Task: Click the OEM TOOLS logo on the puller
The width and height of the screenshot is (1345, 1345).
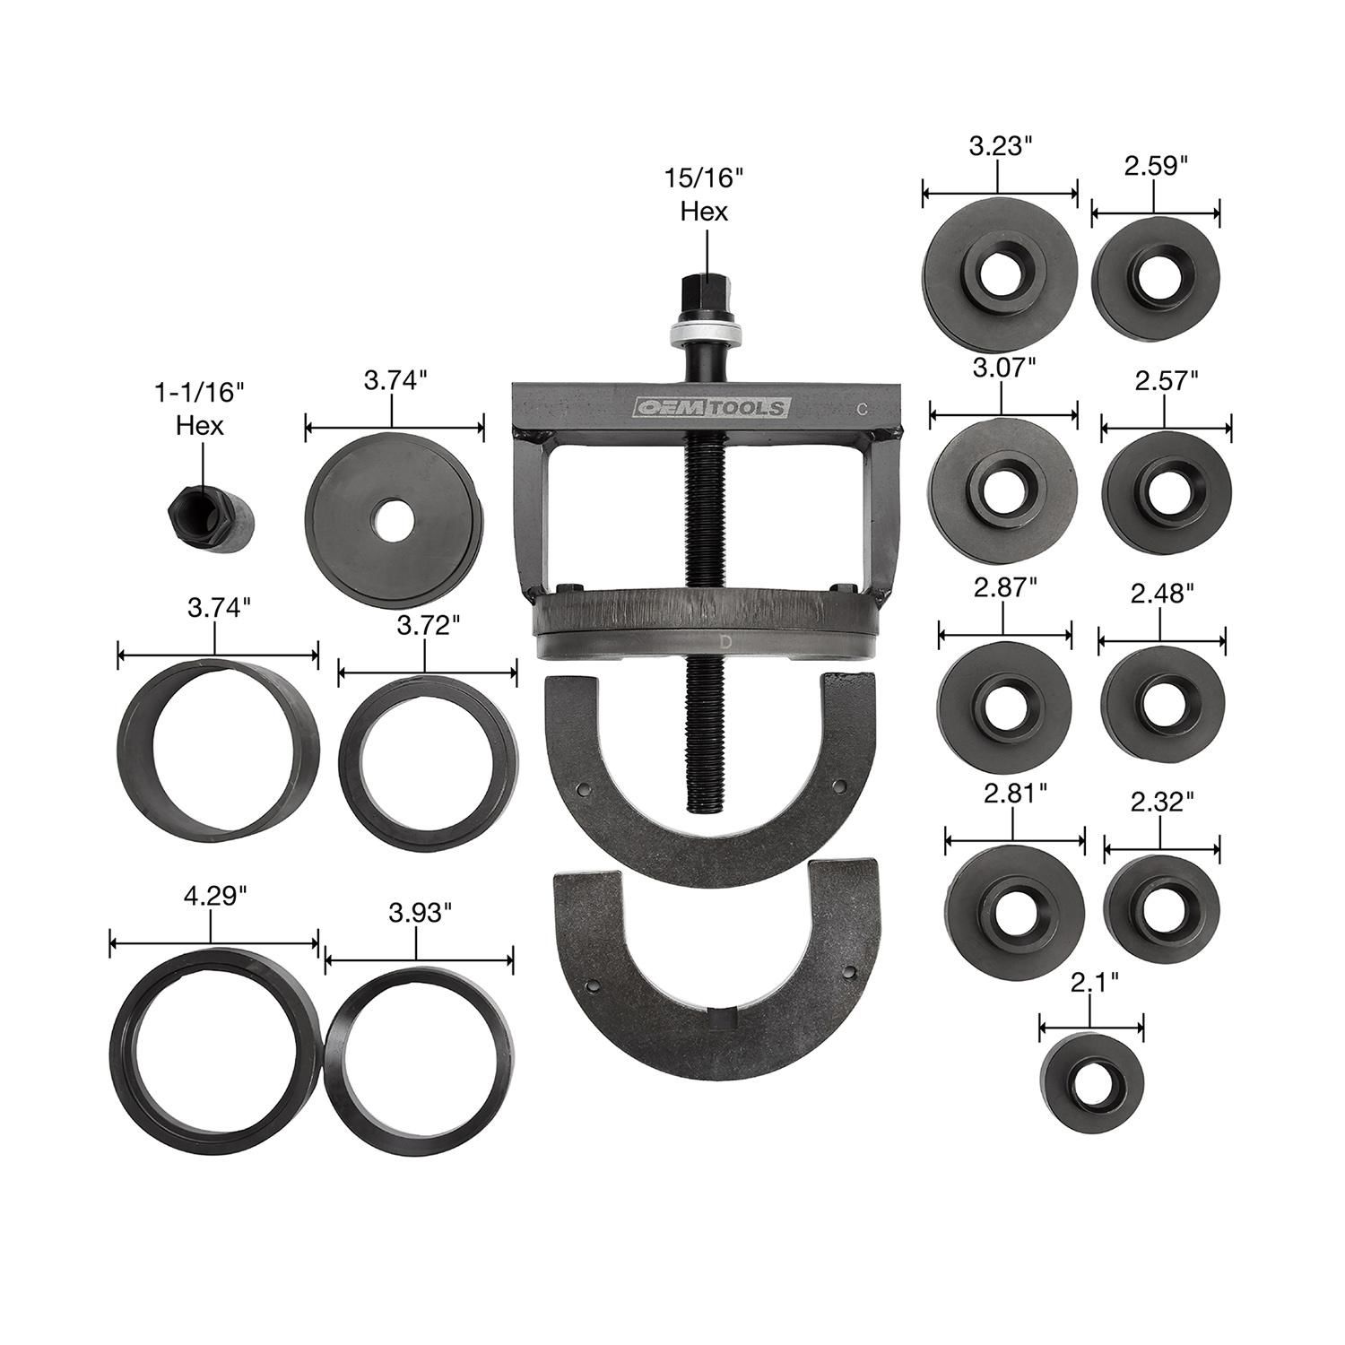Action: click(709, 407)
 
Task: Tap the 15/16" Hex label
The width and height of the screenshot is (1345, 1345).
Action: click(704, 194)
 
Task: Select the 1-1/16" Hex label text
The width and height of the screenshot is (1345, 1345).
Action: click(199, 407)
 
